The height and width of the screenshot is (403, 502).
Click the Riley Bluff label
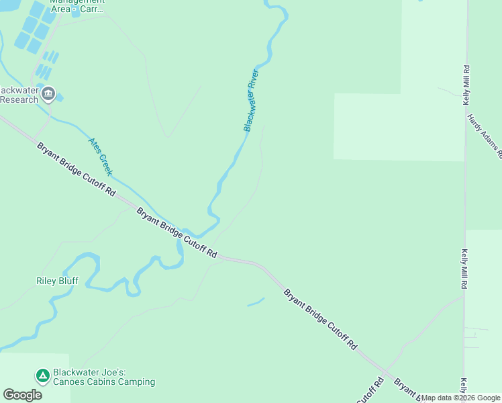point(57,281)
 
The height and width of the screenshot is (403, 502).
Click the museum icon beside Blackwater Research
point(48,93)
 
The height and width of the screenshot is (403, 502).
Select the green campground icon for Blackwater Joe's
point(42,375)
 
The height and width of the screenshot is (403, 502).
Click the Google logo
point(22,395)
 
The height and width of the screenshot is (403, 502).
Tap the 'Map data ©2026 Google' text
point(461,398)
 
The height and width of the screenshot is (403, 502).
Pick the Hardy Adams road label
point(485,134)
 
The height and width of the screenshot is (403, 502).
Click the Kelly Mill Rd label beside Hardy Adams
point(466,85)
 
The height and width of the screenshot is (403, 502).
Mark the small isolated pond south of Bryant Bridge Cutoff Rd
point(256,303)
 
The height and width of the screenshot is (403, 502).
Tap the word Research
point(19,99)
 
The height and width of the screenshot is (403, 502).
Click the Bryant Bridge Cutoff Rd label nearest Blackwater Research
point(75,169)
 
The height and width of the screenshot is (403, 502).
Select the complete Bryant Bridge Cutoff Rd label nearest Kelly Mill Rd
point(319,319)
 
